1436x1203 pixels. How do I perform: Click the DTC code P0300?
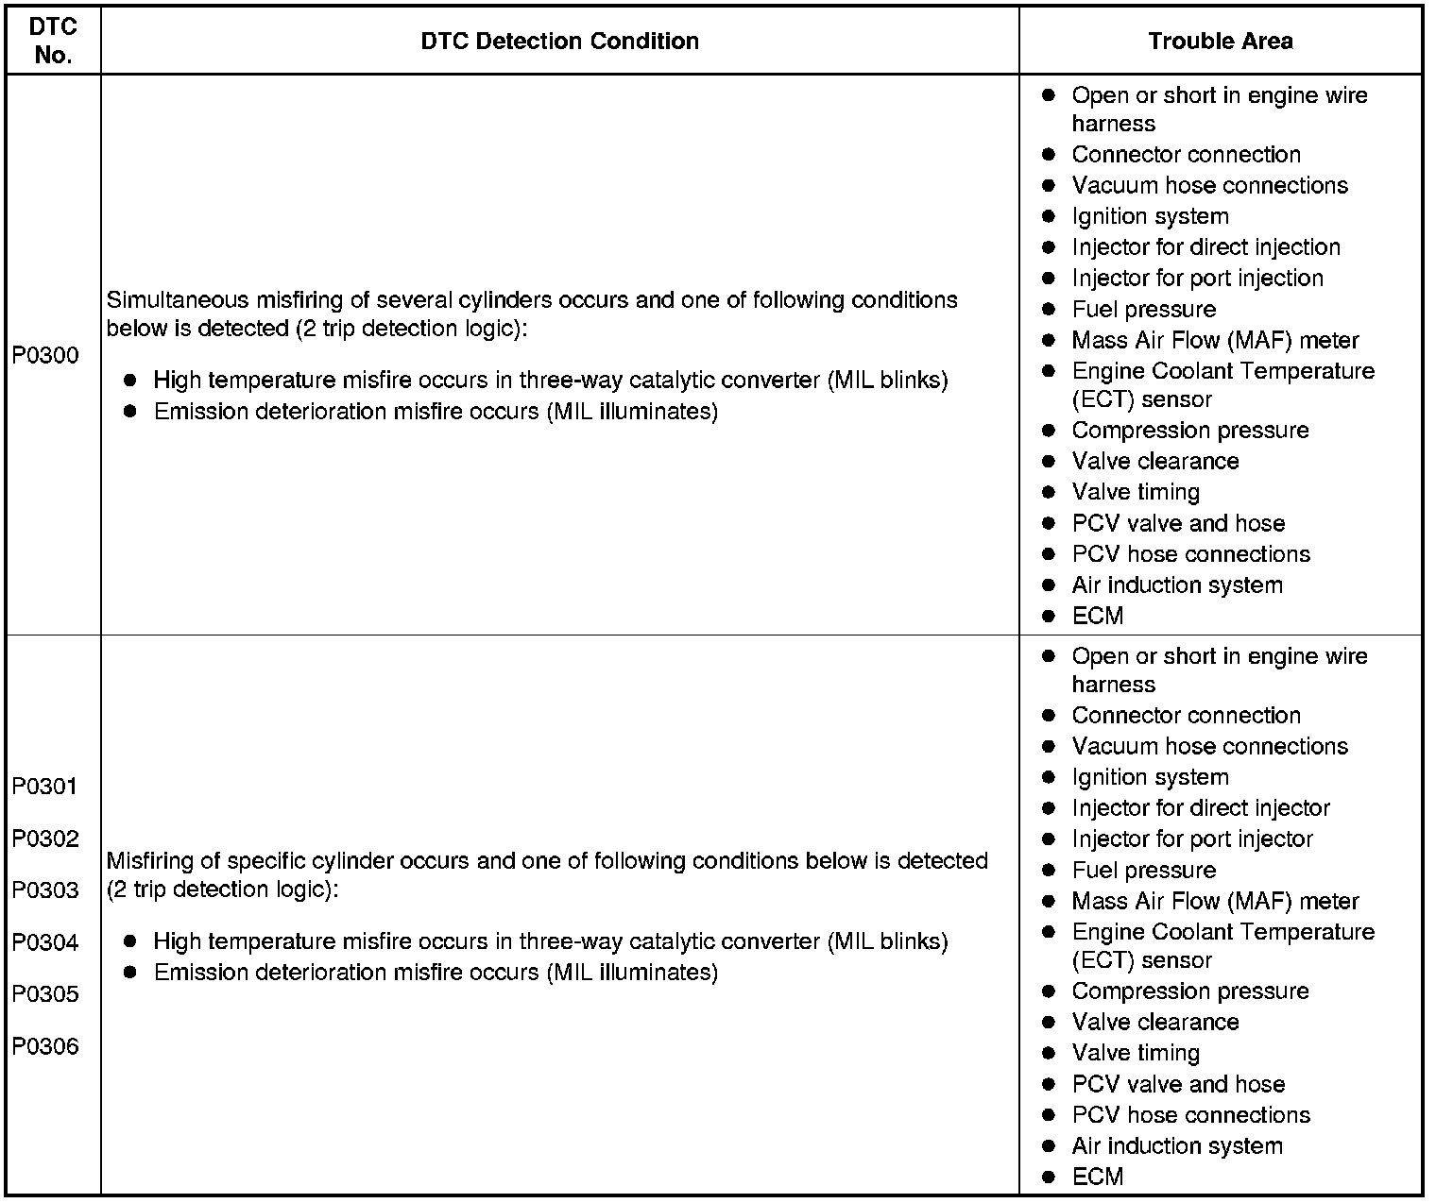point(45,356)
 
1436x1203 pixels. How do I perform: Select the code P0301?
point(45,787)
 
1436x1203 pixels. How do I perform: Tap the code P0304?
point(45,942)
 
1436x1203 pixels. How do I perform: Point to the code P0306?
point(45,1046)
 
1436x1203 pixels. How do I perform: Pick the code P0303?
point(45,890)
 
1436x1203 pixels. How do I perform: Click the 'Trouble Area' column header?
point(1221,41)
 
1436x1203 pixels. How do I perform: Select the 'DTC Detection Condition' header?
point(559,41)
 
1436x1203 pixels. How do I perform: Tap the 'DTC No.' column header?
point(53,42)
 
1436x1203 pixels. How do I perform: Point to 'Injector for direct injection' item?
point(1205,247)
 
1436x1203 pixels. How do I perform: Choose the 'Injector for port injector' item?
point(1192,839)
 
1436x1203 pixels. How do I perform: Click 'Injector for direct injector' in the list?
point(1200,808)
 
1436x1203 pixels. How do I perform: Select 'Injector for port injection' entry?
point(1197,279)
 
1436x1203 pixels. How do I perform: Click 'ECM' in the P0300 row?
point(1097,617)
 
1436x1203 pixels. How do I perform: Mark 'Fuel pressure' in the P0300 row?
point(1143,310)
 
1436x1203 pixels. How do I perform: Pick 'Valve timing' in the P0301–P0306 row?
point(1136,1053)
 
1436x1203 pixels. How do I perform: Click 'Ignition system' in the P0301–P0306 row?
point(1150,777)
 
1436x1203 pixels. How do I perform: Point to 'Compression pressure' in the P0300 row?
point(1189,431)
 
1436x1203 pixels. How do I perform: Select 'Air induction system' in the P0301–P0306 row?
point(1177,1146)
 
